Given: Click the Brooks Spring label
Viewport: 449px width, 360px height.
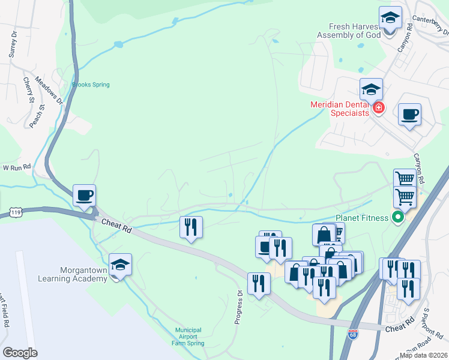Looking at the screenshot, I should (91, 85).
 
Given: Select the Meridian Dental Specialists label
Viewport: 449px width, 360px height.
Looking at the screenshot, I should (340, 109).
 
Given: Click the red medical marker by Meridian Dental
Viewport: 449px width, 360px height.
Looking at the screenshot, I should (378, 108).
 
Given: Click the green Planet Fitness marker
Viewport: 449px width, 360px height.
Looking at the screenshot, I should (397, 217).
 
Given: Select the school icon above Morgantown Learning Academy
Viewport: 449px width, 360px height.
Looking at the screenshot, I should (120, 265).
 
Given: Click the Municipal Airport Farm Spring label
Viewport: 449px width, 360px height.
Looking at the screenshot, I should (188, 337).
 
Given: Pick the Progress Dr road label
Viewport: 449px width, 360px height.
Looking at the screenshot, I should (239, 307).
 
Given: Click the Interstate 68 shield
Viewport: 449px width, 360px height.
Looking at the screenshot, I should (352, 334).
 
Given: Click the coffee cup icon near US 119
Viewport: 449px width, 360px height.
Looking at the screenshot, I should (84, 195).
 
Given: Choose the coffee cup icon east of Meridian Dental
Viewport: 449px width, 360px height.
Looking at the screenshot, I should (409, 115).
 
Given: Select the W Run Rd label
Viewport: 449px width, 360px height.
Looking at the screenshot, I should (16, 167).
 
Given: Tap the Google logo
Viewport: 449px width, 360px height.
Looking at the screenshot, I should (20, 353).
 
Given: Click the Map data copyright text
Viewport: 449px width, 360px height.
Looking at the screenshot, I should (424, 355).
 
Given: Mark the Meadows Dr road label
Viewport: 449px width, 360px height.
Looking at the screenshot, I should (49, 89).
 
